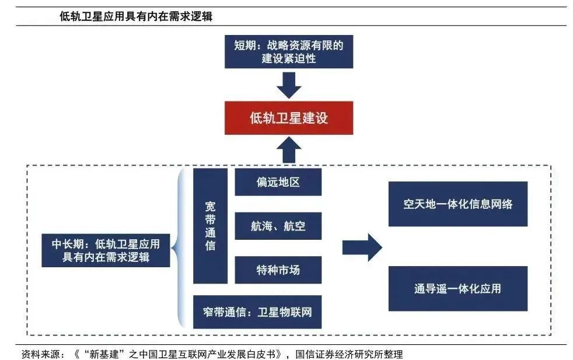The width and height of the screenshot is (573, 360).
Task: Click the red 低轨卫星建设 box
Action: click(x=289, y=118)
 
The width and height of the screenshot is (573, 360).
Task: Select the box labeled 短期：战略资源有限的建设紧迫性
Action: click(x=289, y=51)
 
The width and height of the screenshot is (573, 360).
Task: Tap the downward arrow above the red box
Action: click(x=289, y=85)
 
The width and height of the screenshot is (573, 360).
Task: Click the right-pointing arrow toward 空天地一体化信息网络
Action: click(x=362, y=248)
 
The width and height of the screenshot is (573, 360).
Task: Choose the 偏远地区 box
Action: click(x=278, y=182)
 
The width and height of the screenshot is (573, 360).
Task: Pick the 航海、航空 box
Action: click(x=278, y=226)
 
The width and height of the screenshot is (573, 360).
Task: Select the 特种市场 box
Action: click(x=278, y=270)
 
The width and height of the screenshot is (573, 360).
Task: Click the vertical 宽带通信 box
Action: click(x=210, y=226)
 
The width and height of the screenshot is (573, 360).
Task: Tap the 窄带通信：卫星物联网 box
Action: click(x=257, y=312)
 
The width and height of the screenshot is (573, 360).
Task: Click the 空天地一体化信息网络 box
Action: click(x=457, y=204)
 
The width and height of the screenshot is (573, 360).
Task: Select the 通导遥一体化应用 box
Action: click(x=457, y=288)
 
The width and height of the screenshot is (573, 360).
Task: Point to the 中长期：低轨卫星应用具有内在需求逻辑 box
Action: click(x=106, y=250)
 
